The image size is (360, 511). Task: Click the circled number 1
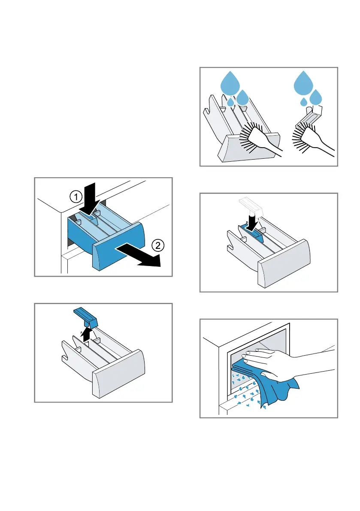pyautogui.click(x=74, y=197)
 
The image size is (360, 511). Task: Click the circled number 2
pyautogui.click(x=157, y=246)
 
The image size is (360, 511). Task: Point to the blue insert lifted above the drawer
pyautogui.click(x=86, y=317)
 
